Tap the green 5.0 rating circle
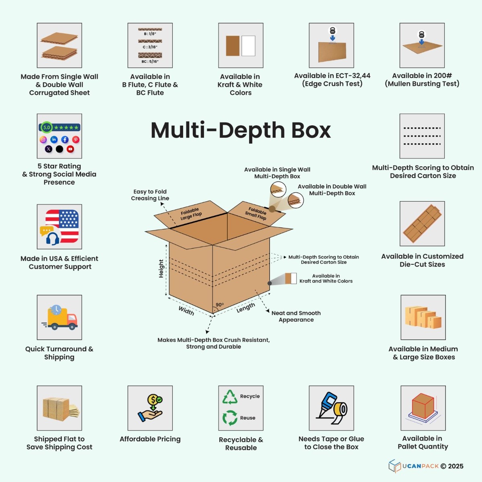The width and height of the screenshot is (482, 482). click(47, 127)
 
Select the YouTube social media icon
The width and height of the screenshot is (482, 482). click(70, 149)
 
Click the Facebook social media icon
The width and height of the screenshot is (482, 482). click(65, 139)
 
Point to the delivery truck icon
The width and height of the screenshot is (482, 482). click(60, 317)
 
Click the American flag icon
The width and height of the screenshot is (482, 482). click(62, 226)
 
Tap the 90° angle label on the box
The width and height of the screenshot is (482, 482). click(220, 304)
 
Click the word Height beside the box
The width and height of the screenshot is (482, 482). click(161, 269)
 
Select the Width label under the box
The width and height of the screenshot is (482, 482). click(186, 310)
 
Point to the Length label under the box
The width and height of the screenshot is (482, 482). click(246, 308)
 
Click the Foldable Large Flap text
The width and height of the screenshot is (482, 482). click(191, 214)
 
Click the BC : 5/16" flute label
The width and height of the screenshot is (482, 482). click(150, 61)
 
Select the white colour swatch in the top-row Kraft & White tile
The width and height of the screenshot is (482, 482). click(248, 46)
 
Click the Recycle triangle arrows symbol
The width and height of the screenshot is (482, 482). click(230, 397)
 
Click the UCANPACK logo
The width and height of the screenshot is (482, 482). click(426, 466)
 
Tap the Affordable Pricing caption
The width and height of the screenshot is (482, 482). click(150, 439)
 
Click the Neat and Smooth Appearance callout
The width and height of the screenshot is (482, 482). click(296, 317)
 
